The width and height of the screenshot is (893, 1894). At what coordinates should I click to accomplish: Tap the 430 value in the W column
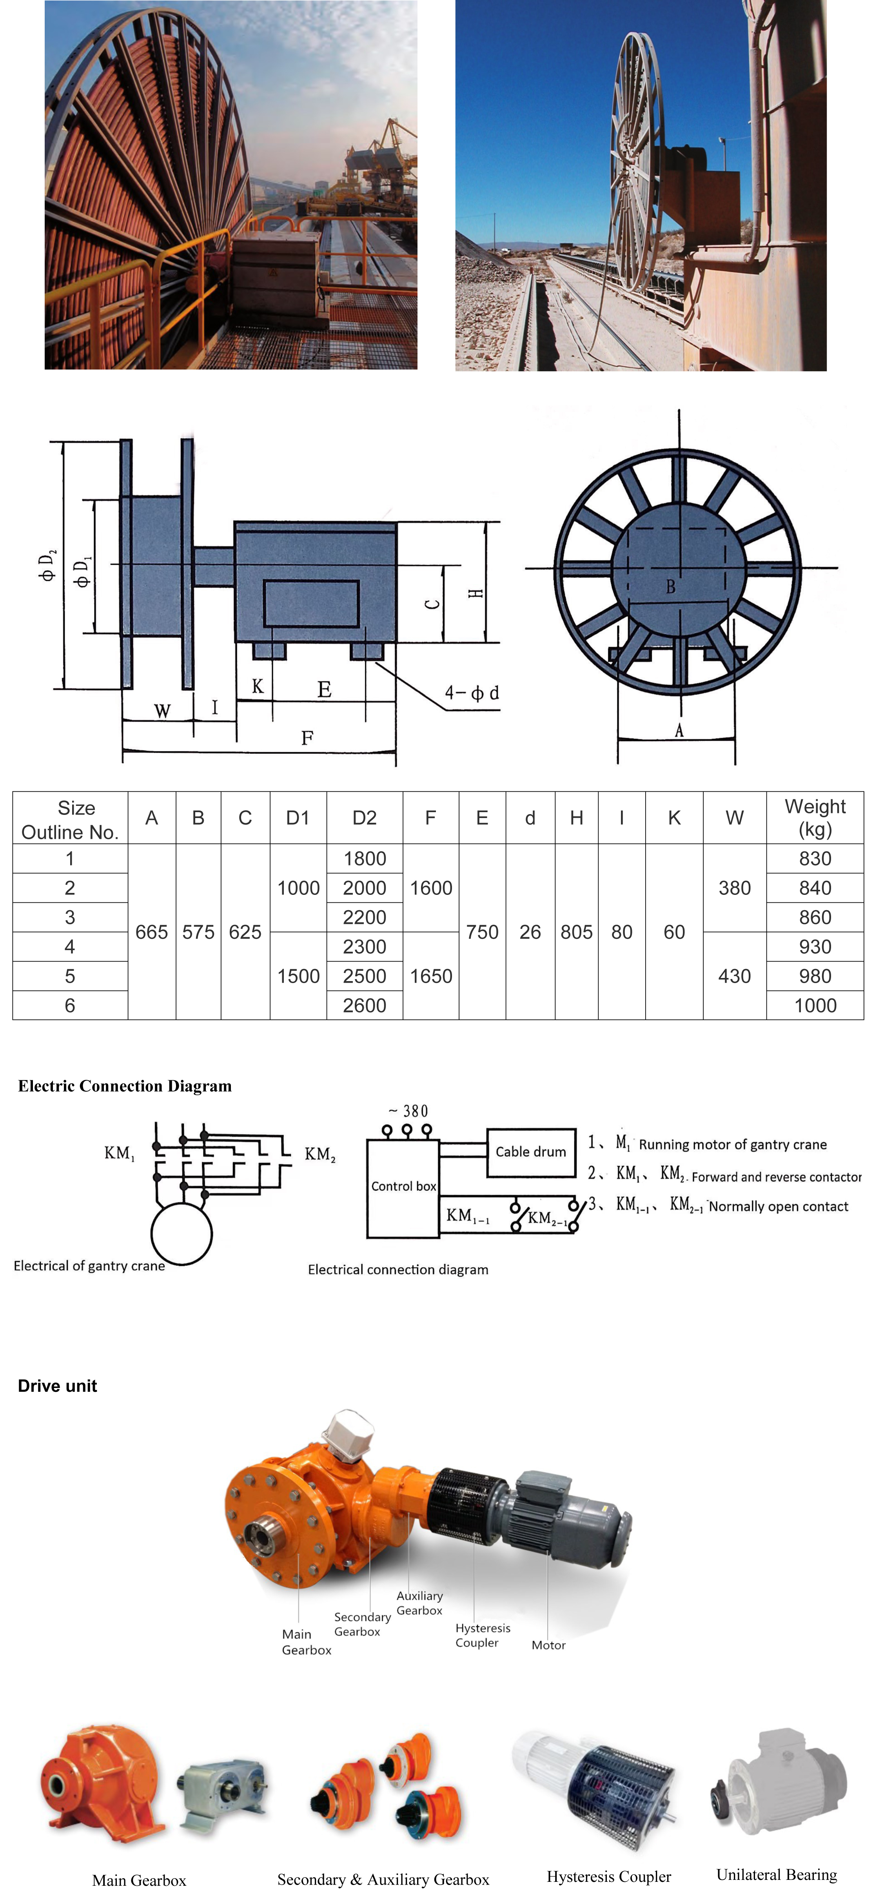734,976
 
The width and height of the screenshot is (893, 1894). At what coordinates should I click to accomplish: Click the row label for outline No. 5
70,976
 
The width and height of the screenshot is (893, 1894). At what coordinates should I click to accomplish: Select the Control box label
403,1186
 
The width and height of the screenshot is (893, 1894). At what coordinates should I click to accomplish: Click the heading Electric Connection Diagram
125,1086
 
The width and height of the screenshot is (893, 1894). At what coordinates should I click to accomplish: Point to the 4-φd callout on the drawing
472,693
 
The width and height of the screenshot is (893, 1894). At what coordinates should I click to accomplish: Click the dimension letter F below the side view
307,737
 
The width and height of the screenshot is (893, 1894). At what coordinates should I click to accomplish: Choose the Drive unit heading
57,1386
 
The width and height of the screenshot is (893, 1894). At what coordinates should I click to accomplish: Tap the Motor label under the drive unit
548,1645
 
